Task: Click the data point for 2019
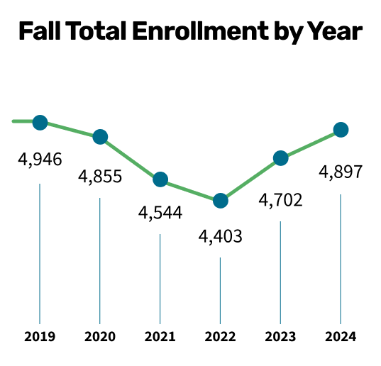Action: (40, 123)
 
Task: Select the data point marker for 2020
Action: (100, 137)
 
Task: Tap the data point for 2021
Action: (160, 179)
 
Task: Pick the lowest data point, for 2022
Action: (221, 201)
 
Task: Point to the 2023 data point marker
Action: (281, 158)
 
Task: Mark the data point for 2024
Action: (341, 130)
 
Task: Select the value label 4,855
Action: (100, 176)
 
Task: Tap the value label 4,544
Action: (160, 212)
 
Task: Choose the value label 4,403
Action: (221, 235)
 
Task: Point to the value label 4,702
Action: (281, 200)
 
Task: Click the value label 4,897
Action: (341, 172)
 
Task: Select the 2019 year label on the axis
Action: (40, 336)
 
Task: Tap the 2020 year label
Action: (100, 336)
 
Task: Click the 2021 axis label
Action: (160, 336)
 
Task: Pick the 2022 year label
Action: (221, 336)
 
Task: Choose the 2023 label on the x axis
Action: (281, 336)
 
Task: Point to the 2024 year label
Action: (341, 336)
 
